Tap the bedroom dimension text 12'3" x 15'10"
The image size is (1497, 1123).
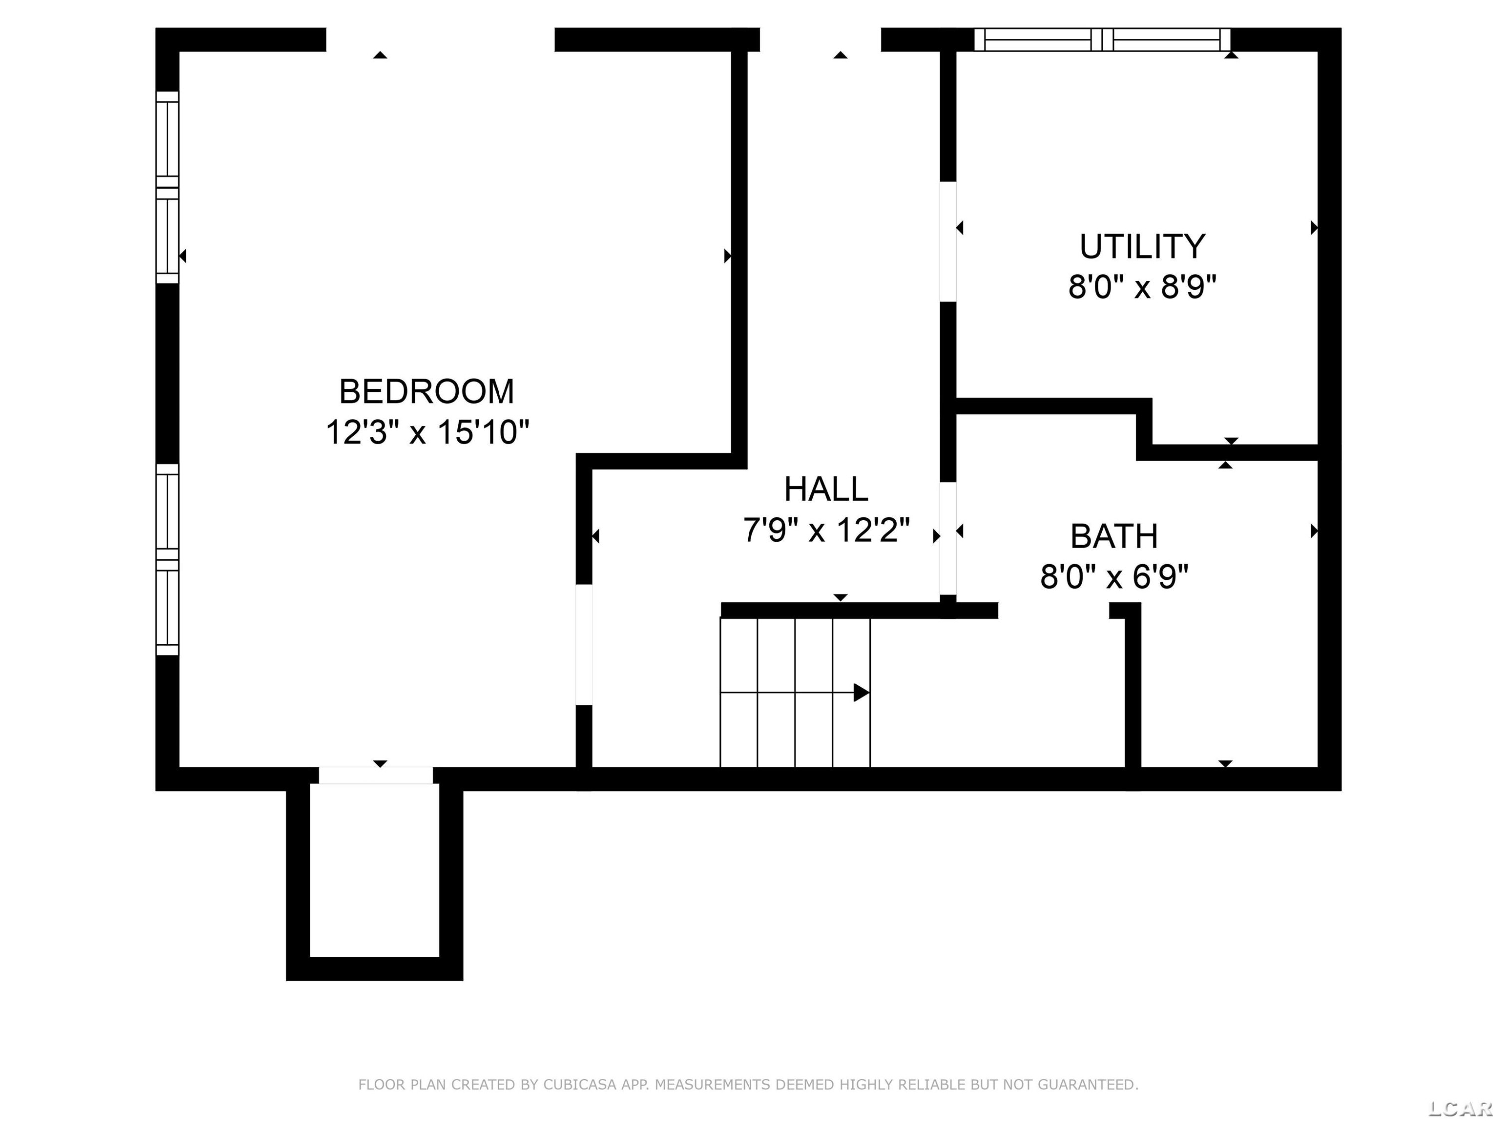[427, 432]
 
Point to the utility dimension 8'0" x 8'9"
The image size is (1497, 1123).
[1142, 287]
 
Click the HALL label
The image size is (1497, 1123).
[826, 489]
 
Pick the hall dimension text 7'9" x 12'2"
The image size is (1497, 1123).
[826, 530]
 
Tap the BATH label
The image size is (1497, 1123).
[1114, 536]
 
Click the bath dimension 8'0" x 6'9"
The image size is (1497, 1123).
[1114, 577]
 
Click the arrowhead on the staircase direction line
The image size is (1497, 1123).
[861, 692]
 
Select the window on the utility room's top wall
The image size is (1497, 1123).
[1102, 40]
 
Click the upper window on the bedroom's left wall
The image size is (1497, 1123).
[167, 188]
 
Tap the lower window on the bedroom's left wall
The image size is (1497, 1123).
[167, 559]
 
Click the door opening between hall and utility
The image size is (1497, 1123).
[948, 242]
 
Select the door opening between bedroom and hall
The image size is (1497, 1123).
[584, 644]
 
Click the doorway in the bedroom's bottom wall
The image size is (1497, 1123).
[376, 776]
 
